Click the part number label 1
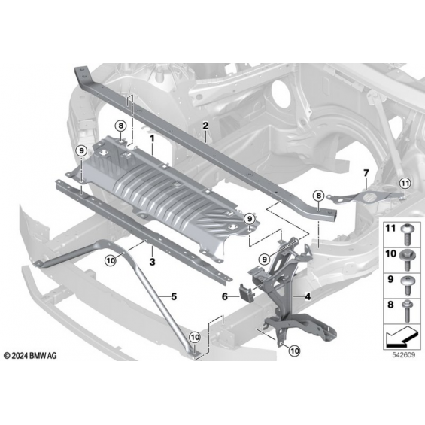coord(153,138)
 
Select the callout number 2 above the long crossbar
coord(205,126)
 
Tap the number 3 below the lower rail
coord(153,262)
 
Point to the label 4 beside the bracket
coord(308,296)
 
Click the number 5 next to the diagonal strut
coord(174,296)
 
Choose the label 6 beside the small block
coord(225,297)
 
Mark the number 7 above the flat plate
coord(366,173)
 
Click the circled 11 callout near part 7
coord(405,184)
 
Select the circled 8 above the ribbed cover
coord(120,126)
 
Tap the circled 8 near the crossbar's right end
coord(318,196)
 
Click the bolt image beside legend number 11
coord(406,233)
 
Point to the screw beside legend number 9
coord(407,285)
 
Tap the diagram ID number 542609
coord(404,355)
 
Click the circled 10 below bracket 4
coord(295,351)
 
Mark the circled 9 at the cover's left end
coord(81,150)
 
